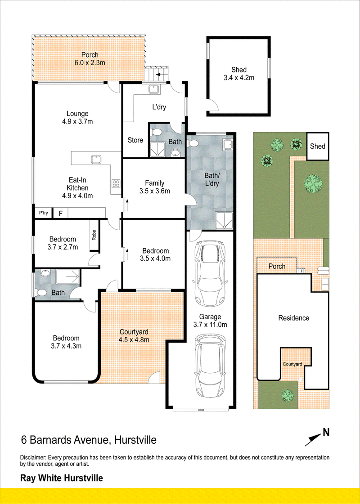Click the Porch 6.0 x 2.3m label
pos(90,59)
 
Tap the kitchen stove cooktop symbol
pos(116,183)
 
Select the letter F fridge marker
pos(60,213)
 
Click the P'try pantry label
pos(43,213)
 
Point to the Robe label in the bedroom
pos(94,236)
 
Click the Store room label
pos(135,140)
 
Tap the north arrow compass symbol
pos(316,437)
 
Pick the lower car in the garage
pos(211,366)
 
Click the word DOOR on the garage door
pos(202,410)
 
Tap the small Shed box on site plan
pos(318,146)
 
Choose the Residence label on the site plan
pos(294,318)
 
